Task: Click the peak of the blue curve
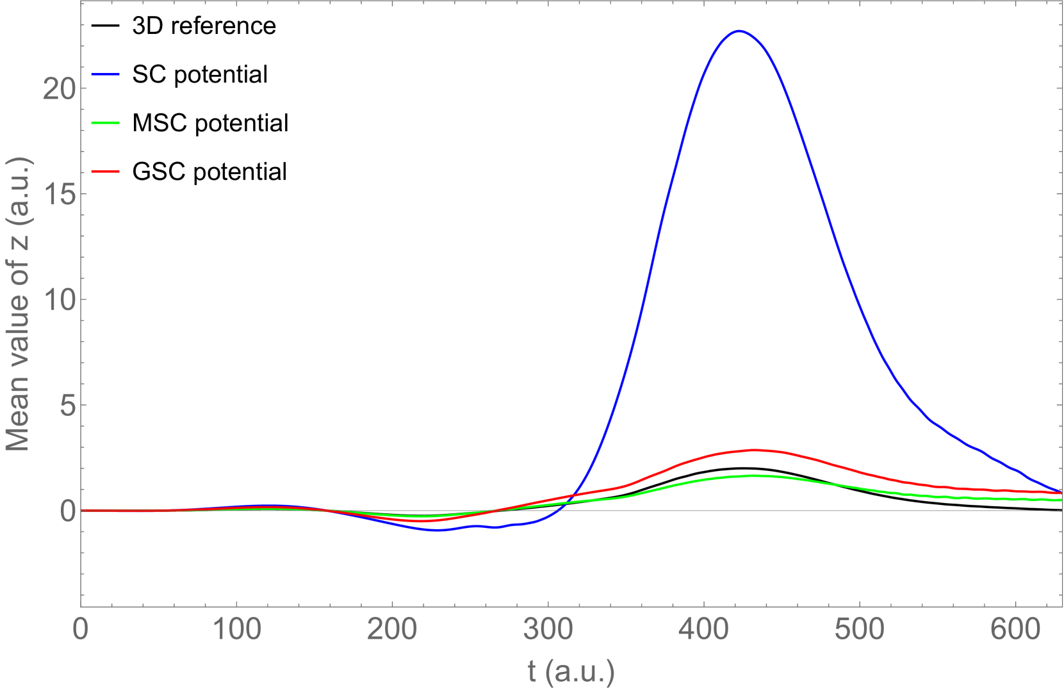(x=739, y=31)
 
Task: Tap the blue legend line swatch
(x=106, y=75)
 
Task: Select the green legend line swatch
(x=106, y=123)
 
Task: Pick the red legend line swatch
(x=106, y=172)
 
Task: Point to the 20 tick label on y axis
(x=59, y=88)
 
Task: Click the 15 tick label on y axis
(x=59, y=194)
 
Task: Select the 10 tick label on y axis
(x=59, y=300)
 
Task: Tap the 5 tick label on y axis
(x=67, y=405)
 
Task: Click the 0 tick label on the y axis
(x=67, y=511)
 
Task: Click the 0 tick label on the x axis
(x=81, y=629)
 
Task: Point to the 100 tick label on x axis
(x=237, y=629)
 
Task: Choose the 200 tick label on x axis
(x=393, y=629)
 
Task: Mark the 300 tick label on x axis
(x=548, y=629)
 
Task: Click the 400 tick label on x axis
(x=704, y=629)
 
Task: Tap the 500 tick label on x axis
(x=860, y=629)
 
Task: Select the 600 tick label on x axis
(x=1015, y=629)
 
